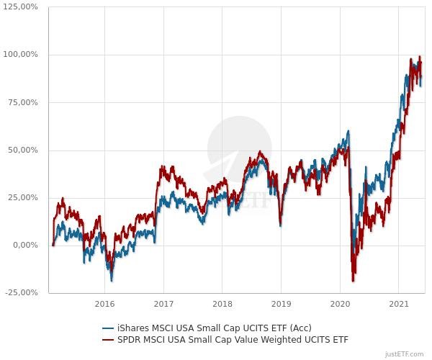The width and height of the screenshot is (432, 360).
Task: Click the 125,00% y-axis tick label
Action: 22,7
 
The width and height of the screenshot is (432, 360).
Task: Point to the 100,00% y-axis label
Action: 22,55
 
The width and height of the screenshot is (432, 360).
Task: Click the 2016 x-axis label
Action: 104,304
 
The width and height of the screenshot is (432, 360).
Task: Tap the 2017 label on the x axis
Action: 163,304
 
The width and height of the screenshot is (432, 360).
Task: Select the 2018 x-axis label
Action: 222,304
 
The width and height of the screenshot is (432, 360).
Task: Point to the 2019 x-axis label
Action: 282,304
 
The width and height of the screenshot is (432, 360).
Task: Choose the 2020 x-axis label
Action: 341,304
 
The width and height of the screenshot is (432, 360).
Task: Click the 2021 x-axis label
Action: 400,304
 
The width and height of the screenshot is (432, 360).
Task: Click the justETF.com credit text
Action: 405,354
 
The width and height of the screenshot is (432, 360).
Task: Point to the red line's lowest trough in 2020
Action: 354,280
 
